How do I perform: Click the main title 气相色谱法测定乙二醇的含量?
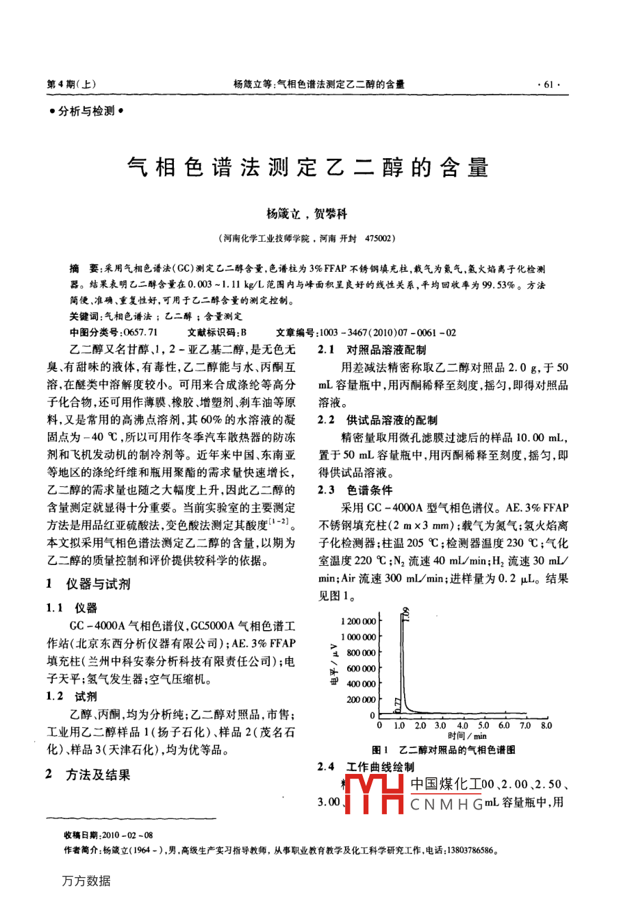(308, 166)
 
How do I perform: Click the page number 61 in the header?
(548, 84)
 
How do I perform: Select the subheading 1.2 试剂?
(72, 696)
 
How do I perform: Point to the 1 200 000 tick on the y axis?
(357, 621)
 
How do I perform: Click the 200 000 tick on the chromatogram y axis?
(361, 699)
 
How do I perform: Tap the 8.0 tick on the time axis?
(546, 725)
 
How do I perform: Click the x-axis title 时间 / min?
(467, 736)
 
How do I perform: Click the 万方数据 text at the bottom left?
(86, 881)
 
